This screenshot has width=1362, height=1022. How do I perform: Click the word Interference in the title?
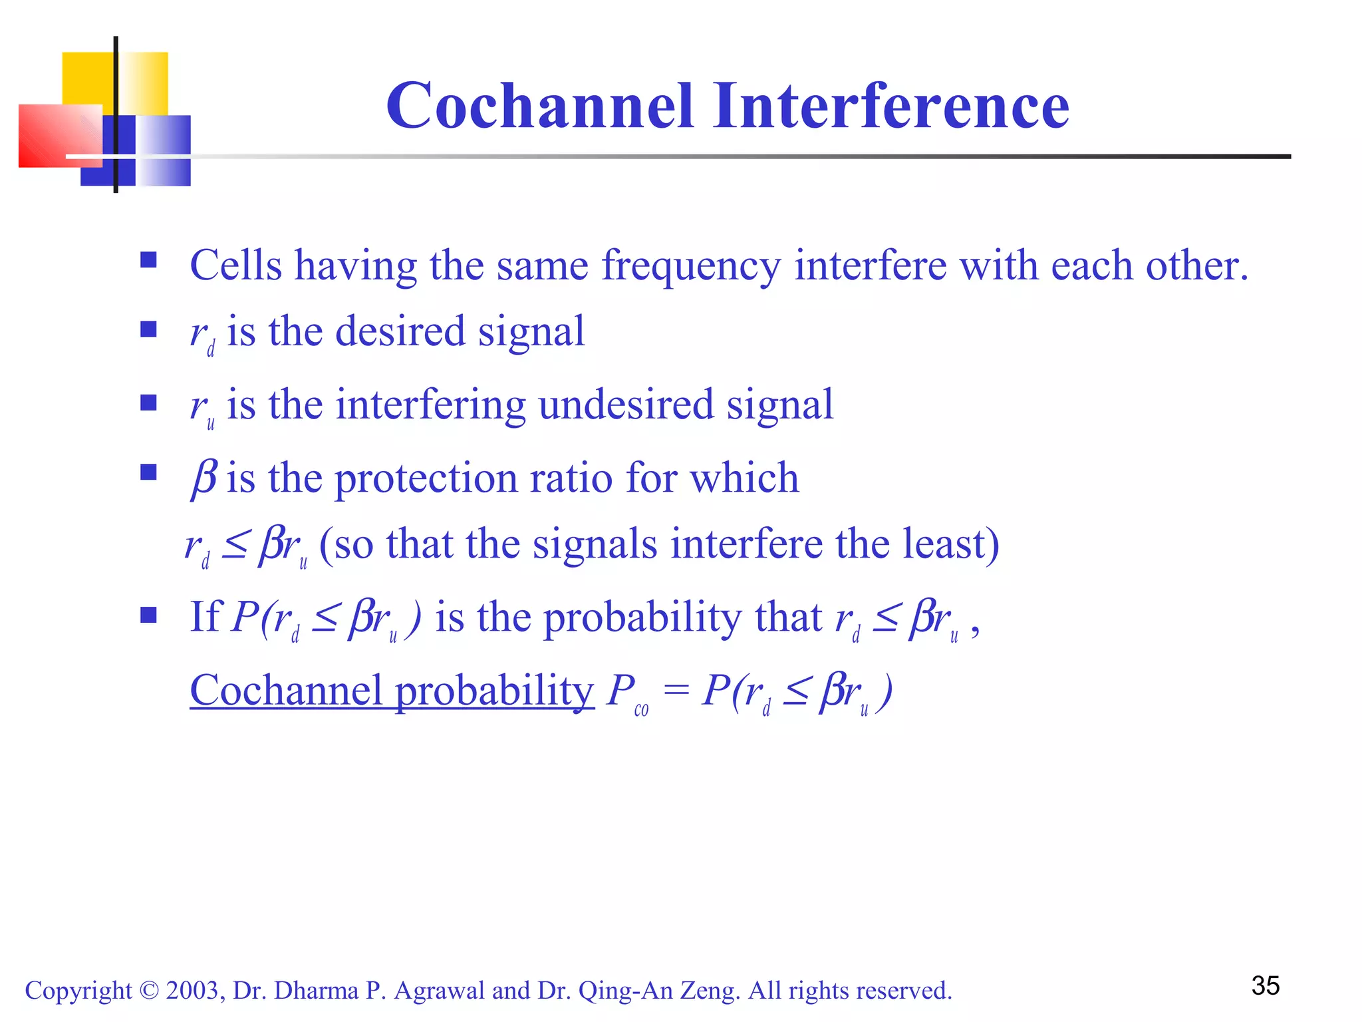[x=891, y=106]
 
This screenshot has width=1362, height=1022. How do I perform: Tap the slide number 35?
[x=1265, y=985]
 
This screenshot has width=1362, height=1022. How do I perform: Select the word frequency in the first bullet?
[x=690, y=266]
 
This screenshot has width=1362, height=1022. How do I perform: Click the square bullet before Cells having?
[x=148, y=259]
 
